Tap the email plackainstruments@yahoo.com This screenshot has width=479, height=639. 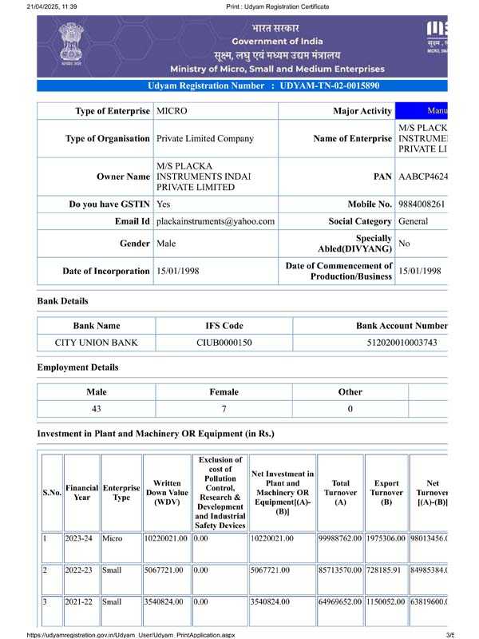coord(216,221)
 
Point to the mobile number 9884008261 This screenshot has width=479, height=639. coord(421,204)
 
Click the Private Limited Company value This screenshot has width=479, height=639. coord(205,138)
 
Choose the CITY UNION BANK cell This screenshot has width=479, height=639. coord(96,343)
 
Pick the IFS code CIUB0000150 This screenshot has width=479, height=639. coord(224,343)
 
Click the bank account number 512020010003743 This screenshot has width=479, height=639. coord(397,343)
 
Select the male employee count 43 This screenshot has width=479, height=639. coord(96,409)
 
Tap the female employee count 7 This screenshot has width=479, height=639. coord(224,409)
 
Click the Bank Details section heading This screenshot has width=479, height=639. coord(62,301)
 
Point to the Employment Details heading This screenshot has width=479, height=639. coord(77,367)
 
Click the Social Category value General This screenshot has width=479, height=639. coord(413,221)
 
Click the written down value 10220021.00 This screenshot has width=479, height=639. coord(166,538)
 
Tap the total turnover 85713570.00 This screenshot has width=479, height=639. coord(340,572)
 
